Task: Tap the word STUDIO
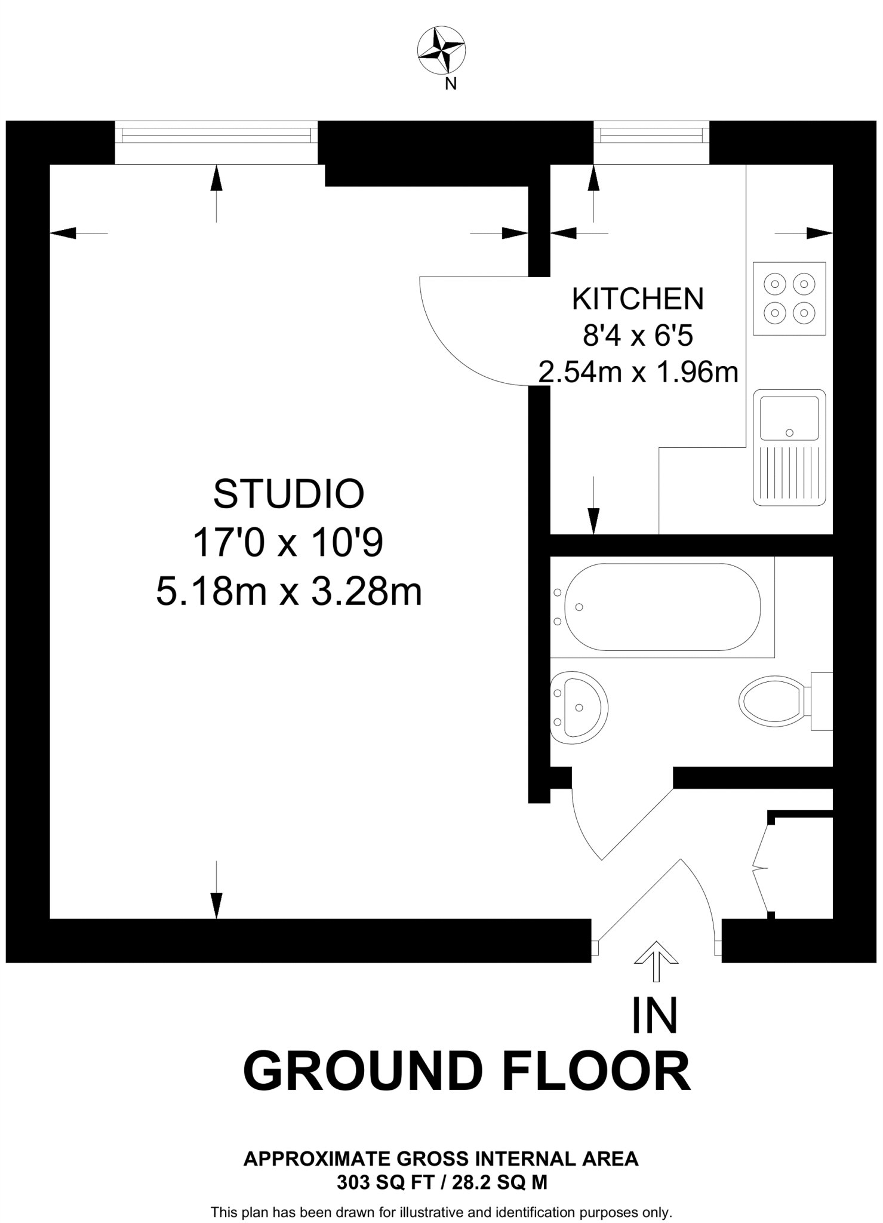pos(289,494)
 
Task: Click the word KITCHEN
pos(638,299)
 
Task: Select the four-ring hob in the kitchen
pos(789,298)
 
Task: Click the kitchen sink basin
pos(789,418)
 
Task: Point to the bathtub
pos(662,607)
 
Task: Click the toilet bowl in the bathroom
pos(771,701)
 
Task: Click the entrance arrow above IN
pos(656,962)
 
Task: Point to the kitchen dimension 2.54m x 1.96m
pos(638,373)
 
